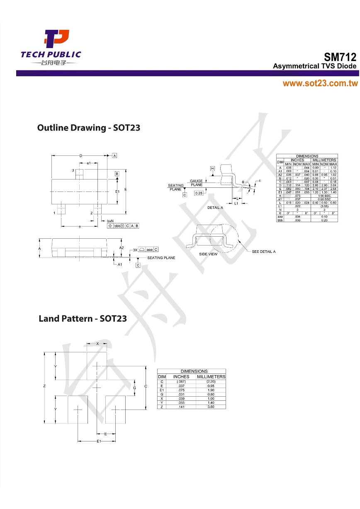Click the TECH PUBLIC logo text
click(51, 55)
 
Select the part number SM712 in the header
click(340, 57)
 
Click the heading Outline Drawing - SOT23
click(89, 128)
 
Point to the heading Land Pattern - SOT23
click(83, 319)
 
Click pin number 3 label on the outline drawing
click(73, 170)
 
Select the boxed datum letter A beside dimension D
click(114, 155)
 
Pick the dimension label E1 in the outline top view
click(117, 191)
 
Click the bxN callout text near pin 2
click(110, 221)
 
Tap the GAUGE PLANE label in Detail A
click(197, 183)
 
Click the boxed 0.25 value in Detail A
click(199, 193)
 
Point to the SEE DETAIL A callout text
click(263, 252)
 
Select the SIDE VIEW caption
click(208, 254)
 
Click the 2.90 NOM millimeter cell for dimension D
click(324, 185)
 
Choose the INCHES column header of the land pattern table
click(181, 377)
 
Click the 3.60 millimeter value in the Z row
click(211, 407)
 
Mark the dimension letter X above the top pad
click(97, 344)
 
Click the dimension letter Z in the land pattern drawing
click(44, 386)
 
